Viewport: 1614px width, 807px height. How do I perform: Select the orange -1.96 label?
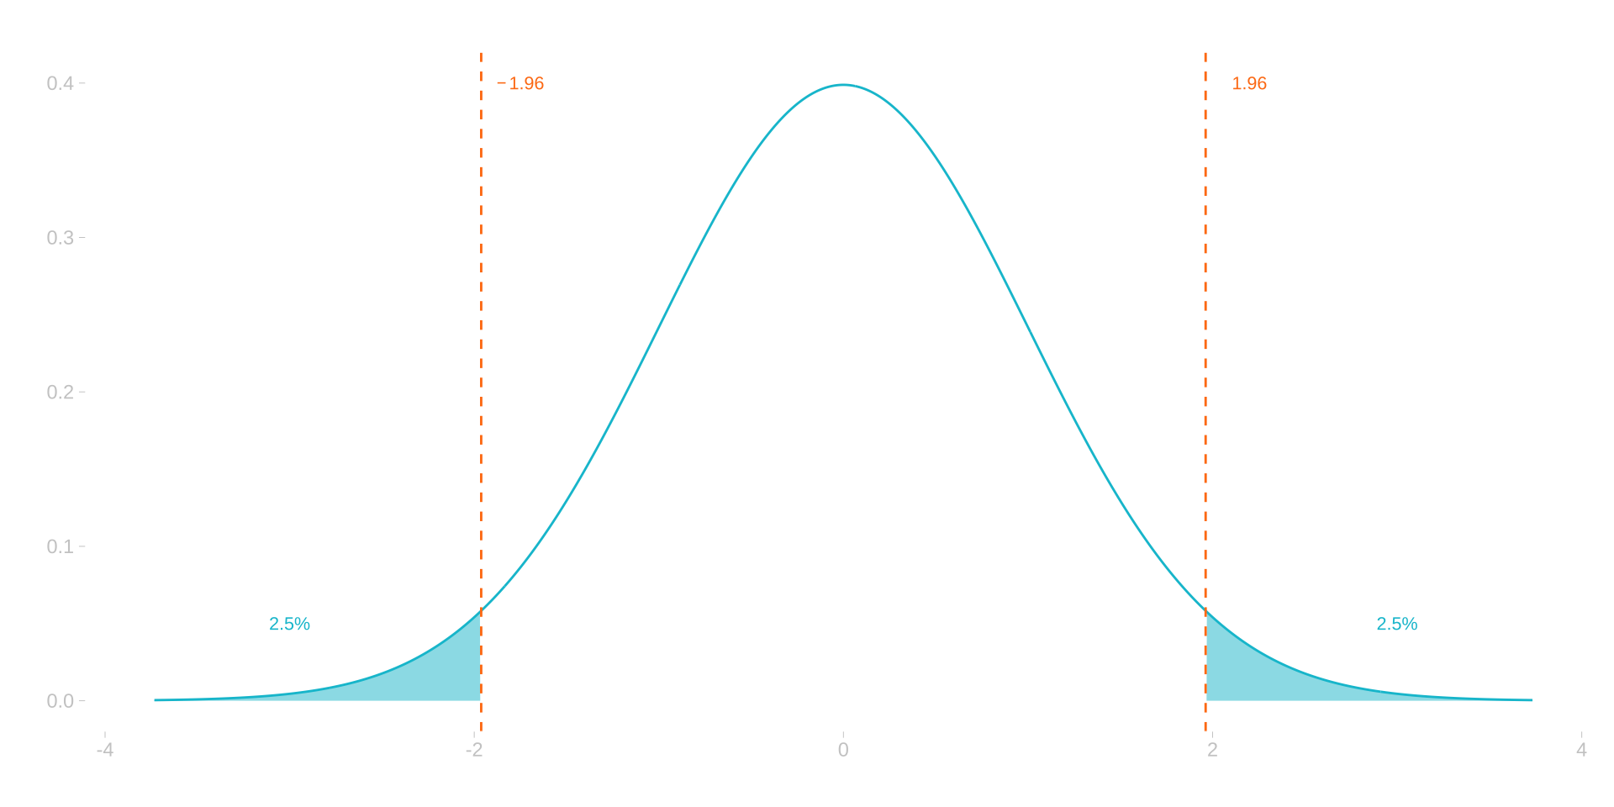point(521,84)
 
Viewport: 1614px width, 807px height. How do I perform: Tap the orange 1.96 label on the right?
point(1249,84)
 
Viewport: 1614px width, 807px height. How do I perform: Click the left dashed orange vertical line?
point(481,336)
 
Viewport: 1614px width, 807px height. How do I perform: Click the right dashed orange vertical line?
point(1205,336)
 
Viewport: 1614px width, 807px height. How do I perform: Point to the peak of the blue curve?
point(843,85)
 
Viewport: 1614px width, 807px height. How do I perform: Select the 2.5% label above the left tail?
point(290,625)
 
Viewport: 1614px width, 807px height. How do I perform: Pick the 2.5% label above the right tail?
point(1396,625)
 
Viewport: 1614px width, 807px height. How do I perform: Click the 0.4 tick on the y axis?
point(61,83)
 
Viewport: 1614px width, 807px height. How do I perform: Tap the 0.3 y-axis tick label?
point(61,238)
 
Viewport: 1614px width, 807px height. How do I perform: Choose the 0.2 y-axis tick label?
point(61,392)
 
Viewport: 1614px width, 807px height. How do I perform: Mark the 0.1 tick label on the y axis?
point(61,546)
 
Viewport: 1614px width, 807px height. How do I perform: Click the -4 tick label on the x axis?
point(104,750)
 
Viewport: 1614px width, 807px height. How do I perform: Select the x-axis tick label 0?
point(843,750)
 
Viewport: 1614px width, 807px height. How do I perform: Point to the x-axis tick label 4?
point(1582,750)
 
